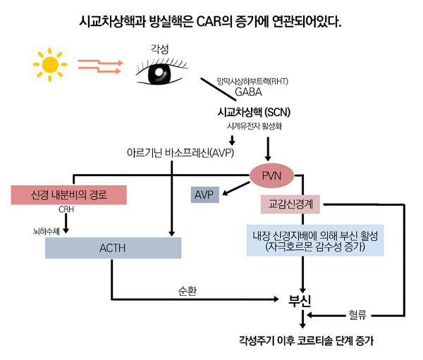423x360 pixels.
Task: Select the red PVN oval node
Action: pos(271,174)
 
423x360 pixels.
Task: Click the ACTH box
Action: pos(113,248)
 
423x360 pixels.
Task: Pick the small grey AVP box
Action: pos(204,194)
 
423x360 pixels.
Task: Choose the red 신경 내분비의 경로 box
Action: pos(68,194)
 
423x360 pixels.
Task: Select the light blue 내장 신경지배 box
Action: pos(315,241)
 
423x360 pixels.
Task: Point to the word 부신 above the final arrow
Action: pos(301,299)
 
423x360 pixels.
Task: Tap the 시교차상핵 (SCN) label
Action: pos(255,112)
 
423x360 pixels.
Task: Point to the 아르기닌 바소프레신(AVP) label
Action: pos(180,151)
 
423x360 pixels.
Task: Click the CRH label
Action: pos(66,209)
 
